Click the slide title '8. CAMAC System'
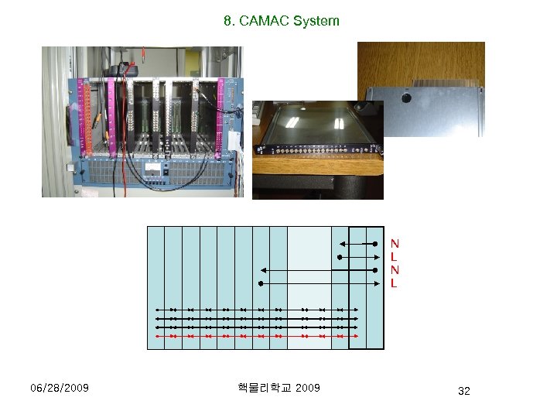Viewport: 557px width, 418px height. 282,21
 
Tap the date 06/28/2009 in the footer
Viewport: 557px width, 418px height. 59,387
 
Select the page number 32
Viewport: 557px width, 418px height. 463,391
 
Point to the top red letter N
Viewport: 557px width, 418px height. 395,244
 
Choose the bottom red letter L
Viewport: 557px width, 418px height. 395,283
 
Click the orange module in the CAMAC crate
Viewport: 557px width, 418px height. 88,116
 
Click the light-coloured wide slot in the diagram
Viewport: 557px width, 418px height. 309,286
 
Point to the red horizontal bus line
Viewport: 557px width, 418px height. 255,337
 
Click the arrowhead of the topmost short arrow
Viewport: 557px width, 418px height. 340,245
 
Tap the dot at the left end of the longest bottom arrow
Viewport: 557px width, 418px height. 261,283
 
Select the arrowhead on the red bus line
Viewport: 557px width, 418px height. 355,337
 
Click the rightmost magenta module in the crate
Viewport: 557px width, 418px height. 226,116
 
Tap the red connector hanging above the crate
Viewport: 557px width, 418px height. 132,61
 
